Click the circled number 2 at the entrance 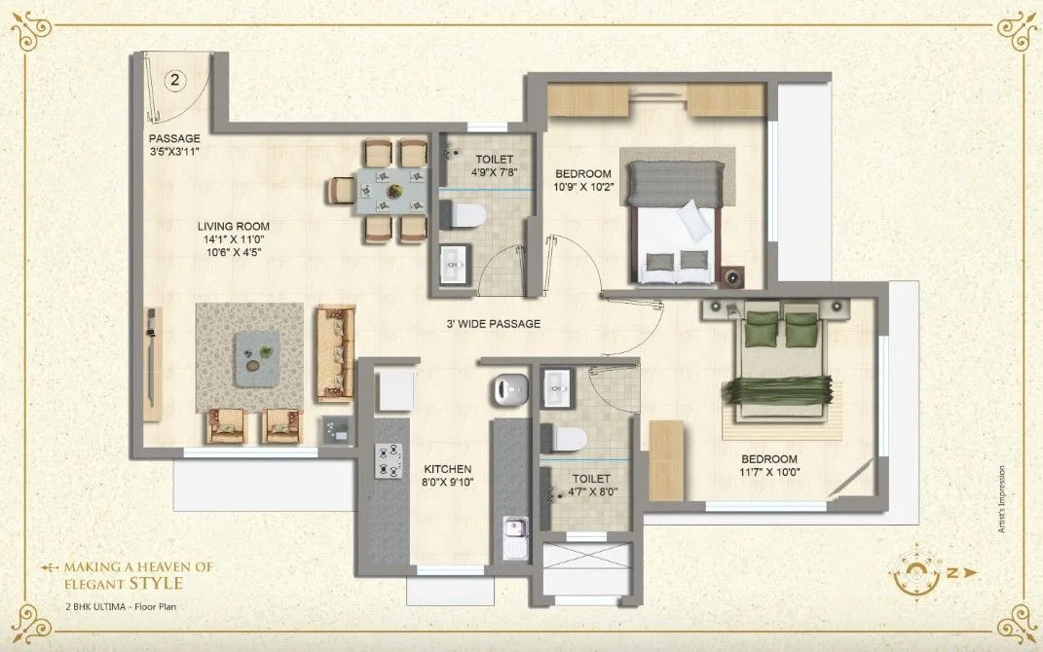pyautogui.click(x=175, y=81)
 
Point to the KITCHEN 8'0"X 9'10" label pyautogui.click(x=448, y=475)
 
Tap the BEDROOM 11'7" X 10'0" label pyautogui.click(x=769, y=466)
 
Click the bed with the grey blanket pyautogui.click(x=679, y=224)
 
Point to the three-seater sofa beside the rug pyautogui.click(x=334, y=352)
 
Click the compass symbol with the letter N pyautogui.click(x=919, y=573)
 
